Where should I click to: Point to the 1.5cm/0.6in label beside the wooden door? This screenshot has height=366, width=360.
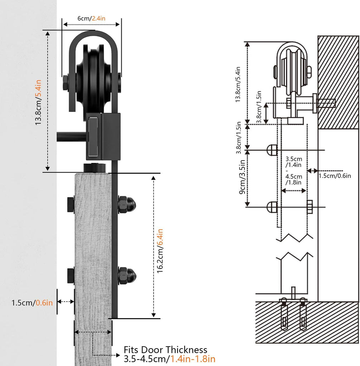coord(32,303)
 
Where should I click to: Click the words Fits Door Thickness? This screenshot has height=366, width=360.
coord(165,350)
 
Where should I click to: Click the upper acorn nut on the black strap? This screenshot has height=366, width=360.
coord(127,204)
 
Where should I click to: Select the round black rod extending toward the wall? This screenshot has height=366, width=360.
coord(71,137)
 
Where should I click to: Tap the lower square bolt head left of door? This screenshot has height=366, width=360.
coord(70,275)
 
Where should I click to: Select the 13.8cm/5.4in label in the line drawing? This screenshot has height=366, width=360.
coord(238,85)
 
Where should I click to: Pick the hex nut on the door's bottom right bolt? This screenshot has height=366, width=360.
coord(310,207)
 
